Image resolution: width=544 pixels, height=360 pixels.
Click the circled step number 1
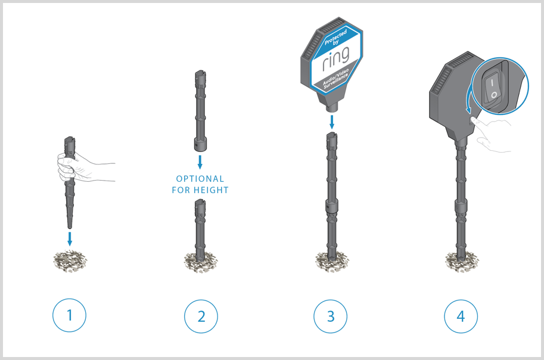click(69, 315)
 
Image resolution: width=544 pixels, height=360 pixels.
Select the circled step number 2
click(201, 316)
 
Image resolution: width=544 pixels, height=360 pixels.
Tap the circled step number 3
click(330, 316)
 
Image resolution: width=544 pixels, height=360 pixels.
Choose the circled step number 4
click(461, 316)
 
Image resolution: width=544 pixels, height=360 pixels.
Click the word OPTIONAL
click(200, 179)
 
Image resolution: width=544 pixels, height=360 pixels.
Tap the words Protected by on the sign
click(335, 38)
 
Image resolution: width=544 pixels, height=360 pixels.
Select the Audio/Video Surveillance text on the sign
click(335, 79)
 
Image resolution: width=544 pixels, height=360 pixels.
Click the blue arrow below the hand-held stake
click(70, 239)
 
